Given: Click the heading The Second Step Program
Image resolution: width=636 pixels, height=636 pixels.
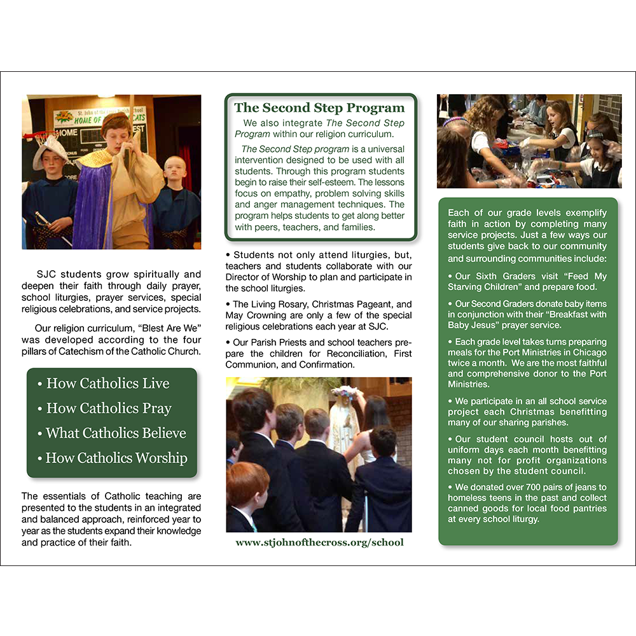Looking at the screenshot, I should click(319, 107).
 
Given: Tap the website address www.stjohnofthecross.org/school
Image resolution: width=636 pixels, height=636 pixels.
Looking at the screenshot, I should click(319, 543).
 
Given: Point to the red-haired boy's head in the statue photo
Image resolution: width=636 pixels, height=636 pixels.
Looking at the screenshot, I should click(248, 483).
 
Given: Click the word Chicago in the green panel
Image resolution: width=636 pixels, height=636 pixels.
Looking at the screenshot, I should click(589, 352).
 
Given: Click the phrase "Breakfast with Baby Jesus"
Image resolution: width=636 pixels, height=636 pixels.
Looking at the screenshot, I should click(527, 320).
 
